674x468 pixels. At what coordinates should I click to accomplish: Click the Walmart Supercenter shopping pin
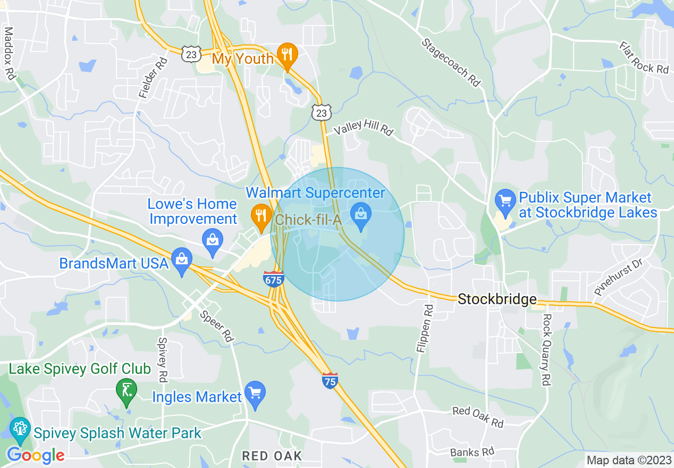pos(361,217)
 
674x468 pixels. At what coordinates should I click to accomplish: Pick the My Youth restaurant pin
pos(287,55)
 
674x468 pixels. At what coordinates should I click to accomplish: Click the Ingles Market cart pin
pos(255,394)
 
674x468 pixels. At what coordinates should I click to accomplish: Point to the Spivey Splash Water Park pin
pos(20,429)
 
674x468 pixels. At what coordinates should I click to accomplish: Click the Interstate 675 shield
pos(273,278)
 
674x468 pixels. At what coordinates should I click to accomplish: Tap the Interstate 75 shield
pos(330,380)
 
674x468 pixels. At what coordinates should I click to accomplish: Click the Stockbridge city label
pos(497,299)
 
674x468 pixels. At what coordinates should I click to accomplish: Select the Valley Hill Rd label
pos(363,128)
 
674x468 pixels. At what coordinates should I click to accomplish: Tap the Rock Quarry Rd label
pos(545,349)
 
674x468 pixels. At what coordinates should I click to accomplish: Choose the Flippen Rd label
pos(424,330)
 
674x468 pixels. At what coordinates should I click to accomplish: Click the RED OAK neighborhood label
pos(272,456)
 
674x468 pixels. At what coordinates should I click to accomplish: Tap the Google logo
pos(36,455)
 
